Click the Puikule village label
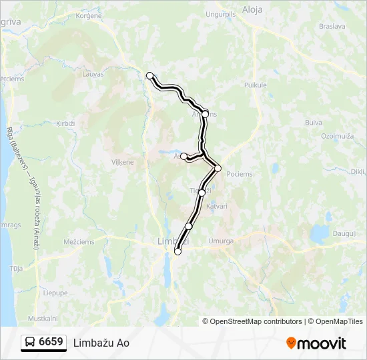255,85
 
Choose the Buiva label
313,122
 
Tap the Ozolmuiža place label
336,135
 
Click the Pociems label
240,174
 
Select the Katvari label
217,206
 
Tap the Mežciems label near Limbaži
78,243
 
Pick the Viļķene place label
122,161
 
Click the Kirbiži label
65,124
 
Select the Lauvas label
93,75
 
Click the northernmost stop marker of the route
150,75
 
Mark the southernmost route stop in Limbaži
177,251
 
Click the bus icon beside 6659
30,343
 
